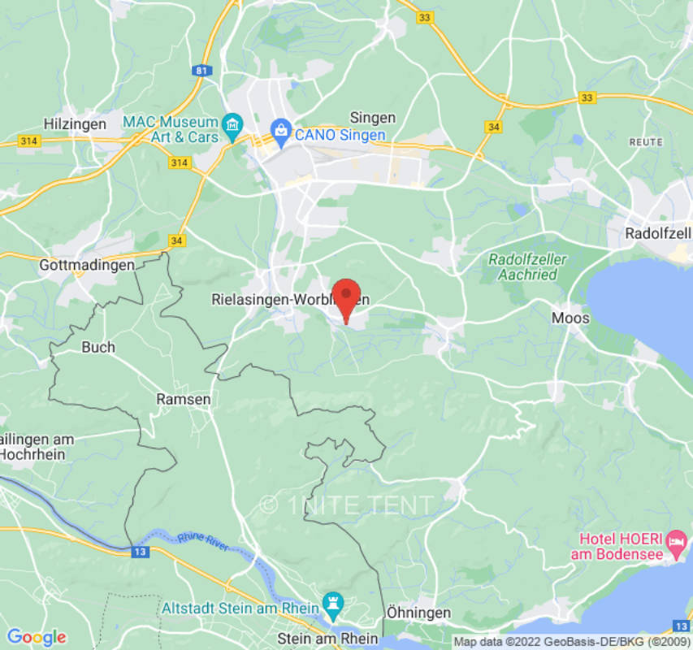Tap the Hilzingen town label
pos(75,124)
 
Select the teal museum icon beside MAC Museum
pos(233,125)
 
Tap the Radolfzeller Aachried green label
pos(527,266)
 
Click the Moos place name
pos(570,318)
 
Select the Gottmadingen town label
pos(87,265)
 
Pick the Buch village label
pos(98,347)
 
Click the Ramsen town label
pos(184,399)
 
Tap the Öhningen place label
pos(418,613)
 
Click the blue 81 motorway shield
pos(201,71)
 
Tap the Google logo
pos(36,637)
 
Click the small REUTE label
pos(646,141)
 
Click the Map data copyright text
pos(571,642)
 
